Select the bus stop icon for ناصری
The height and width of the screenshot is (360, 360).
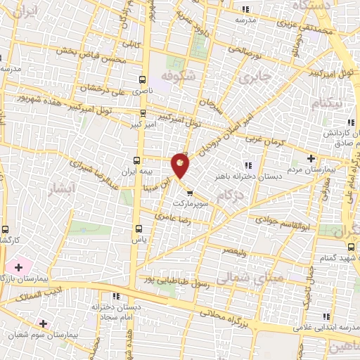pos(143,79)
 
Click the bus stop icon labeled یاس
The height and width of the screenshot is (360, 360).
pos(138,228)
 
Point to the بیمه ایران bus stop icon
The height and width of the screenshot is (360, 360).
pos(138,160)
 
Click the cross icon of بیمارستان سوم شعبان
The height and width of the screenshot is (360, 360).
pos(44,323)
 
